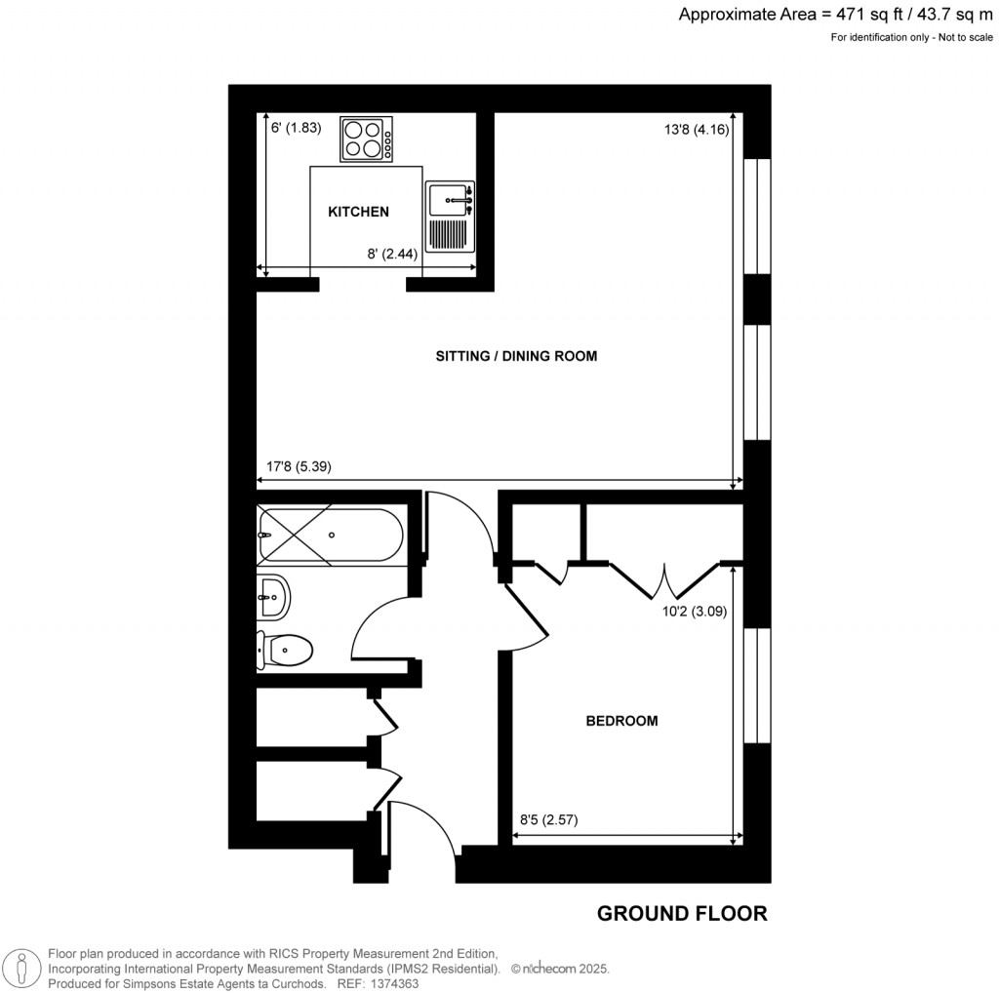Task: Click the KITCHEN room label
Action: (358, 212)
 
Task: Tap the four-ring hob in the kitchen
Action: (366, 139)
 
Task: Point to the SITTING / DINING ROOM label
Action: (516, 356)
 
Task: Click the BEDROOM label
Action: (621, 721)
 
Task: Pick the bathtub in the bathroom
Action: (330, 536)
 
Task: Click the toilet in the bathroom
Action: (284, 650)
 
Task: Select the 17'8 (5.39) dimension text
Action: (300, 466)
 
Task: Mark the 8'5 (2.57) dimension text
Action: (548, 820)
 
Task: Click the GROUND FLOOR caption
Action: (682, 914)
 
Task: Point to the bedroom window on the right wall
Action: (757, 686)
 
